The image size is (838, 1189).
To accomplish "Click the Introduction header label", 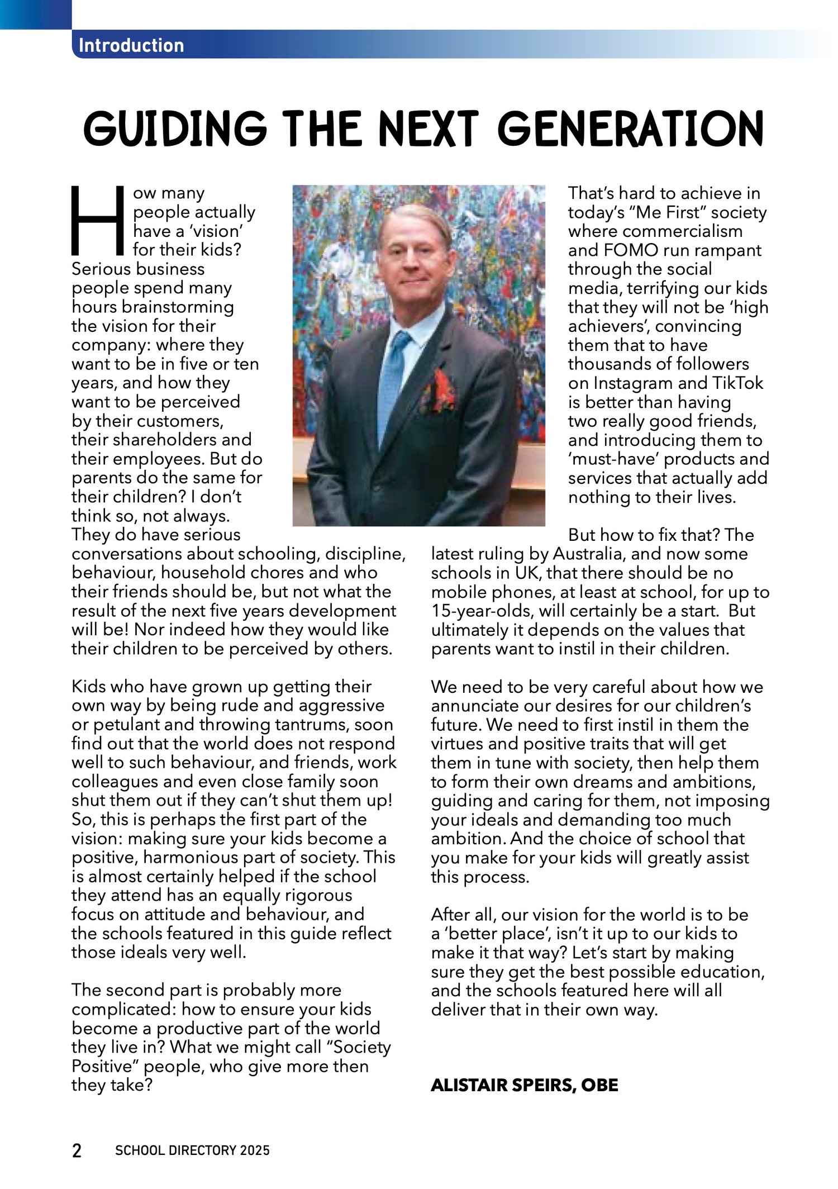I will click(x=131, y=45).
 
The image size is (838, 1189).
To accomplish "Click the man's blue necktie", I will click(x=393, y=380).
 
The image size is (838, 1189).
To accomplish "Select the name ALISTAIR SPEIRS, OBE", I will click(x=524, y=1085).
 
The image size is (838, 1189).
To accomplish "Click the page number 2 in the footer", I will click(x=77, y=1151).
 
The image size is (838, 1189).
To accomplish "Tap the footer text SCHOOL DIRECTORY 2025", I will click(x=192, y=1150).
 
